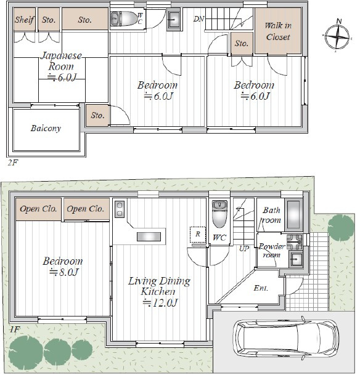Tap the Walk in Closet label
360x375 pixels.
pos(278,31)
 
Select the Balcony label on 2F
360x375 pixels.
pos(46,129)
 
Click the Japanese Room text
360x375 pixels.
pos(61,61)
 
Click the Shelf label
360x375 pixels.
pos(25,20)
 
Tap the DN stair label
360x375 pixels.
pos(198,19)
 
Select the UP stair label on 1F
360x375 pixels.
pos(244,249)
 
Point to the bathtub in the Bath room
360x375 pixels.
pos(293,215)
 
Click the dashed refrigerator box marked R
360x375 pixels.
pos(198,235)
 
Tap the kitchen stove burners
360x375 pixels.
pos(120,209)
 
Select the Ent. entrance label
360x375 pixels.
pos(260,288)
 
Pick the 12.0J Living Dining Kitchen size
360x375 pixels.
pos(160,303)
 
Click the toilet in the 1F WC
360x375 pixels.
pos(219,214)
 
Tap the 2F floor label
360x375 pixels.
pos(13,163)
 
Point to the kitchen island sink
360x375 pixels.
pos(149,236)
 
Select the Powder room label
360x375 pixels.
pos(271,251)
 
